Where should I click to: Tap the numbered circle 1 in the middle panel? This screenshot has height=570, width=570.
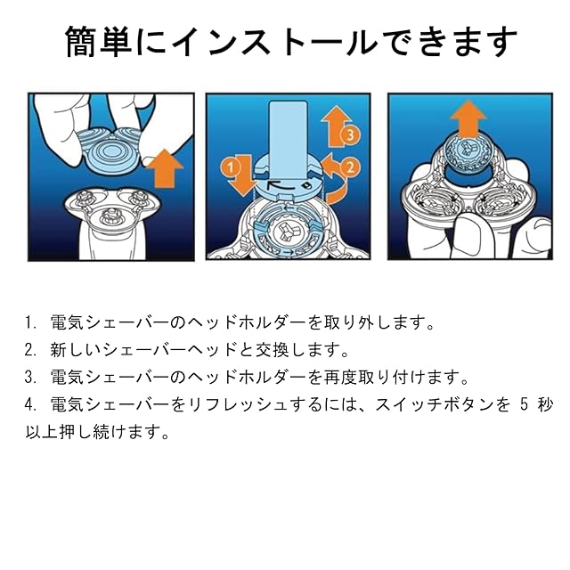click(x=229, y=166)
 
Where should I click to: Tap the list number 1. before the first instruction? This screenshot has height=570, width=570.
click(x=33, y=319)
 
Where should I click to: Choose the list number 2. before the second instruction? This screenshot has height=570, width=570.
click(x=33, y=347)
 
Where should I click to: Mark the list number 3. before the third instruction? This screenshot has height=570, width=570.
click(x=33, y=376)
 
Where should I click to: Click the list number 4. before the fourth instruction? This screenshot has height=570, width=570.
click(x=33, y=404)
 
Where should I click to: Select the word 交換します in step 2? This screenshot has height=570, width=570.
click(x=287, y=347)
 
